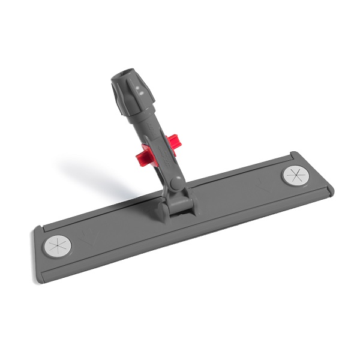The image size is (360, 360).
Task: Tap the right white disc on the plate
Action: (293, 176)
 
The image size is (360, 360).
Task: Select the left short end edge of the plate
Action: (37, 246)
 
